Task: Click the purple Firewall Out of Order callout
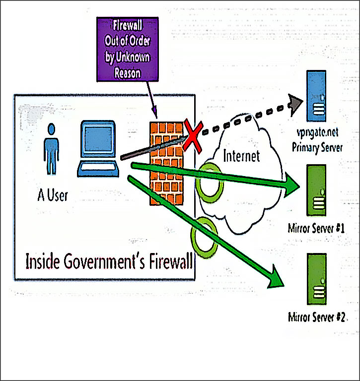click(x=127, y=49)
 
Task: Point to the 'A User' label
click(x=53, y=194)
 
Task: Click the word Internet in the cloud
click(x=242, y=156)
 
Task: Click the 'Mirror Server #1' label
click(x=316, y=229)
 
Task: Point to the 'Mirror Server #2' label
click(x=316, y=317)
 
